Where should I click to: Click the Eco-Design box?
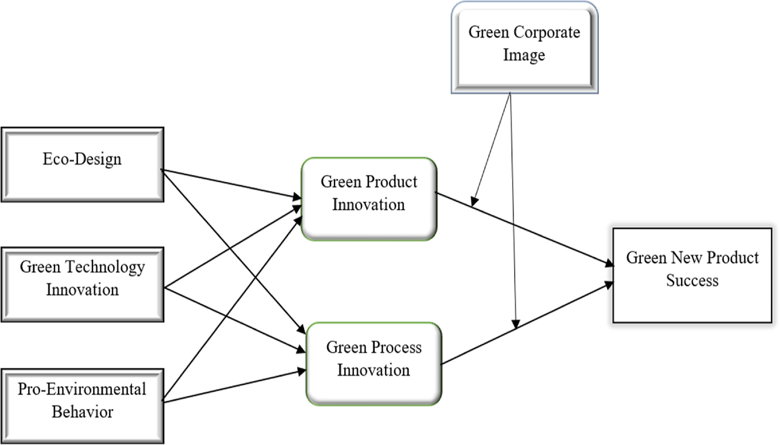coord(82,165)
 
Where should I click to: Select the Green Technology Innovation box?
coord(82,285)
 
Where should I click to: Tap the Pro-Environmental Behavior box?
coord(82,406)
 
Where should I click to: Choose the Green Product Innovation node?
coord(369,199)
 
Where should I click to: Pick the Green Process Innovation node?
coord(374,364)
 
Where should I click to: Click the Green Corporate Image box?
coord(524,48)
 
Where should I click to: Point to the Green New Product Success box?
coord(692,275)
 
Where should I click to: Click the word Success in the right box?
coord(692,281)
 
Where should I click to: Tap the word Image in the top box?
coord(524,55)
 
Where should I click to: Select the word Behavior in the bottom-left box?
coord(82,412)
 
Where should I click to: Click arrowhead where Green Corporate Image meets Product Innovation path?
coord(474,201)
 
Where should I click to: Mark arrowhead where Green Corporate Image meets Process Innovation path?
coord(515,323)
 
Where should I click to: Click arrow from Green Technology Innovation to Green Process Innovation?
coord(234,319)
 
